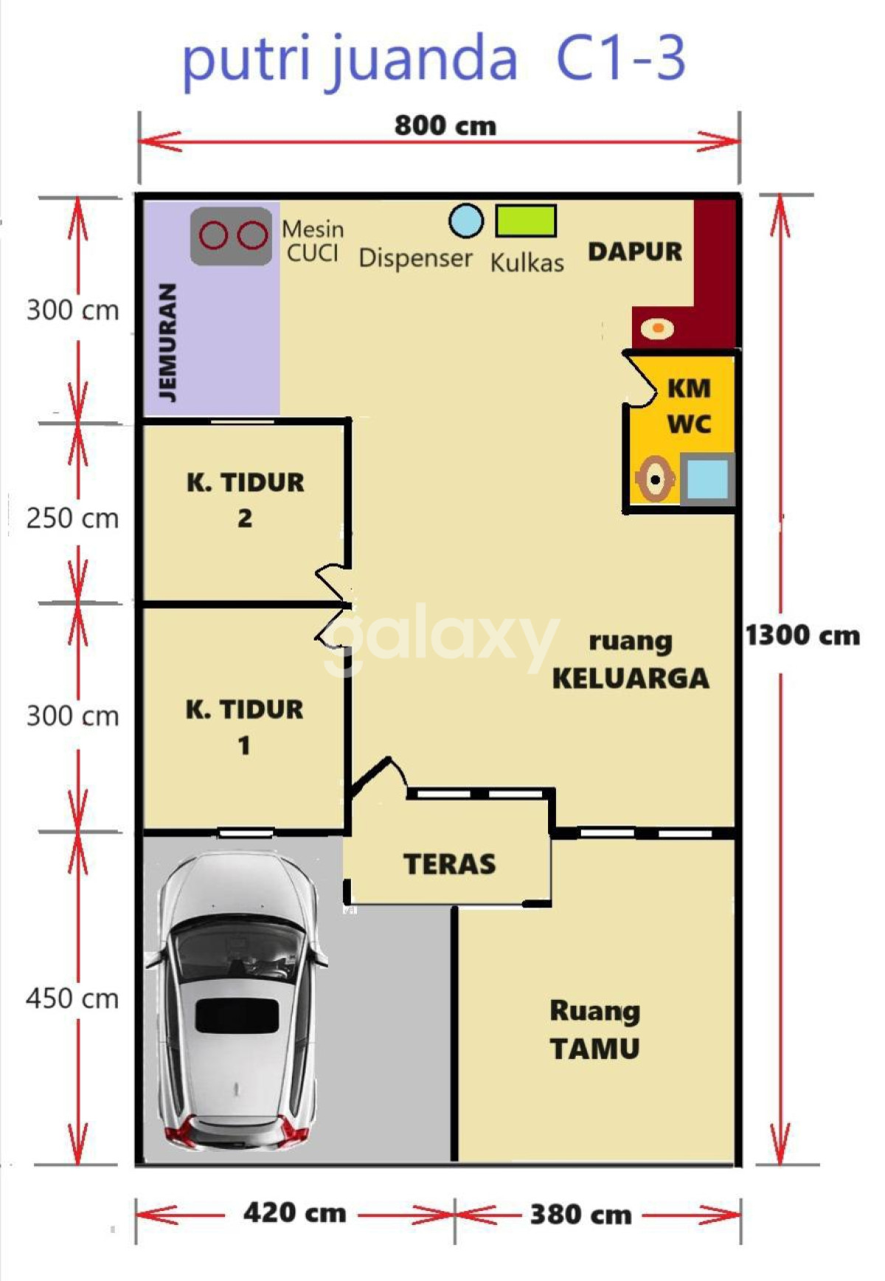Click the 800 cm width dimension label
click(x=445, y=125)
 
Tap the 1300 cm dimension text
click(x=802, y=635)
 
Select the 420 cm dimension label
click(x=294, y=1212)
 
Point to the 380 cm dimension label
click(x=580, y=1214)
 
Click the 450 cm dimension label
click(x=72, y=998)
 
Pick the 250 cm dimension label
click(x=72, y=518)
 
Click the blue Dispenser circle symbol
click(x=466, y=221)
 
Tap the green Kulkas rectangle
click(x=526, y=221)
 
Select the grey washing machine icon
click(x=232, y=236)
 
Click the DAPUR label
click(x=635, y=252)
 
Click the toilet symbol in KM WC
click(x=654, y=480)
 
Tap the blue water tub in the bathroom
click(x=707, y=480)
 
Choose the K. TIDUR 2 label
click(x=245, y=500)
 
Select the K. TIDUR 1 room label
click(x=244, y=727)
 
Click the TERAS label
click(x=449, y=864)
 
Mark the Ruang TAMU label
click(x=594, y=1029)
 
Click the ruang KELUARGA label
click(x=631, y=660)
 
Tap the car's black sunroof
click(x=237, y=1016)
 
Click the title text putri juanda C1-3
click(x=434, y=59)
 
